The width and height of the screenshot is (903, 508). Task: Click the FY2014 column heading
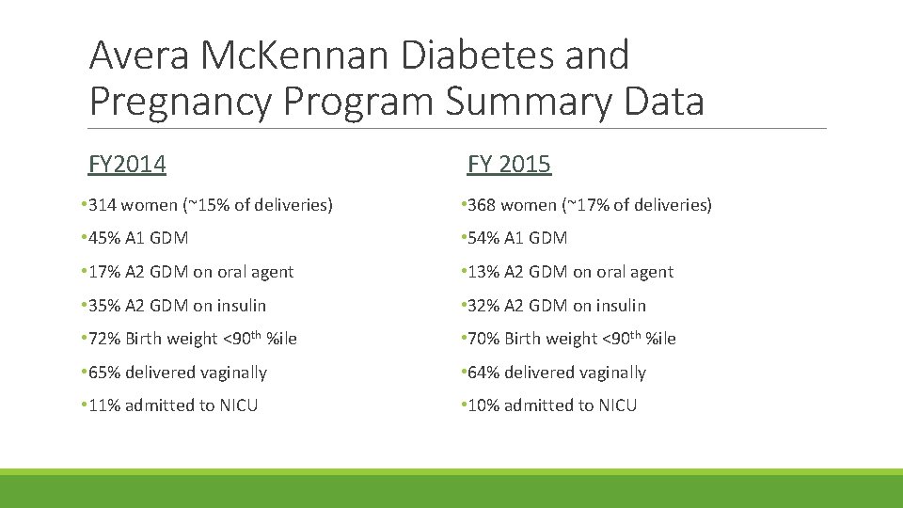point(127,165)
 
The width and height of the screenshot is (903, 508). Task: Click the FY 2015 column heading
point(509,165)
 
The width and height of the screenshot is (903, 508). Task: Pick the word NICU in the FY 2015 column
point(617,405)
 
